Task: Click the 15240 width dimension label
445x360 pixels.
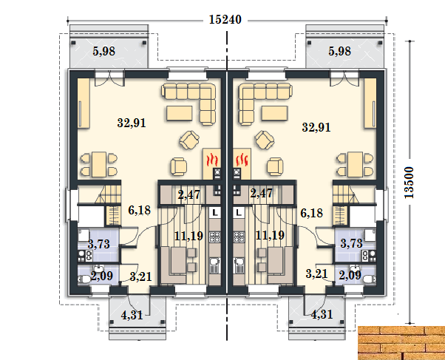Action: (x=225, y=20)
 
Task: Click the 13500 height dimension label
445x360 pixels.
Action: (x=410, y=183)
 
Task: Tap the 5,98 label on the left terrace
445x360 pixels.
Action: (x=104, y=52)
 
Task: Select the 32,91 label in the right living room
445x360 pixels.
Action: (x=316, y=127)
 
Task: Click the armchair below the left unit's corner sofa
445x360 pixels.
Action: (x=189, y=140)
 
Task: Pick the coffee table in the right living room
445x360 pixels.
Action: (x=275, y=113)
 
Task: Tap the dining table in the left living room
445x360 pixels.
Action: (x=99, y=164)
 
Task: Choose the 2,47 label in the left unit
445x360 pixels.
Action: (x=189, y=194)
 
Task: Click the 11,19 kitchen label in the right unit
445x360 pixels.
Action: (x=270, y=235)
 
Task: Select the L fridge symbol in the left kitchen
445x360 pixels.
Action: (x=215, y=212)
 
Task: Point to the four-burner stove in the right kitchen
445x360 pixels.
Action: (x=239, y=237)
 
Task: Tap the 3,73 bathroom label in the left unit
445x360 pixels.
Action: (x=99, y=244)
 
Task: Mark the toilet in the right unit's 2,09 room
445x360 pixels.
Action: (x=369, y=279)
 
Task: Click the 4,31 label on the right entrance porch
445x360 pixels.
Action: (x=322, y=315)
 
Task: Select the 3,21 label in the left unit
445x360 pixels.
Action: (x=140, y=276)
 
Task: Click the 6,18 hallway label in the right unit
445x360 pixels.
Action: (x=312, y=213)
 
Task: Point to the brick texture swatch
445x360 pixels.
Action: (x=401, y=343)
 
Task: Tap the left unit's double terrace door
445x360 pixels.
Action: (x=109, y=78)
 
